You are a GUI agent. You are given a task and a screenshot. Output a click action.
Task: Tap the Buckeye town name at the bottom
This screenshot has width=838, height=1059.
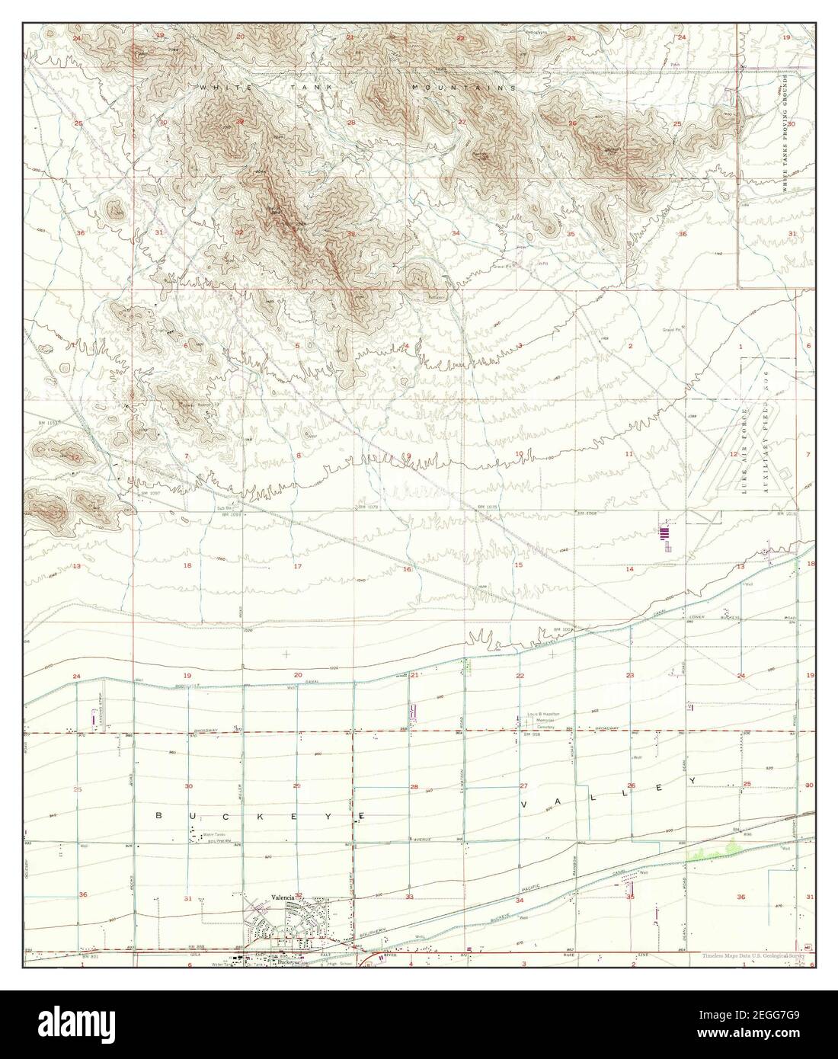click(289, 962)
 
